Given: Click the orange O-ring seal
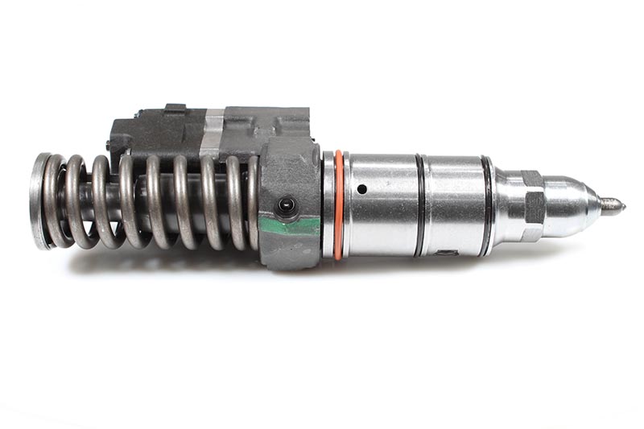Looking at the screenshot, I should point(339,205).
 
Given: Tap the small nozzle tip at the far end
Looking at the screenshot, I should point(613,205).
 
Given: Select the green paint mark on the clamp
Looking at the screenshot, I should point(290,225).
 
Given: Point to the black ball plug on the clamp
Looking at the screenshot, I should point(286,206).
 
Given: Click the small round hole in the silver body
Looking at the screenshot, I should point(361,189).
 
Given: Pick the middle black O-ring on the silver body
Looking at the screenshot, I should point(419,205).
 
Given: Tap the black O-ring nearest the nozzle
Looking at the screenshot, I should point(486,205).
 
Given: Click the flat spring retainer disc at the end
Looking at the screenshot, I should point(37,200).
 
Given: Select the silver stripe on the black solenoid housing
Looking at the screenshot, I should point(211,133).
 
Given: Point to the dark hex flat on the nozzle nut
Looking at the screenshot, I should point(533,206).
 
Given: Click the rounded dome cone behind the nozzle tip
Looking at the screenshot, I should point(572,205).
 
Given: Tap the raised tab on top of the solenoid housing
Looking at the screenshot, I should point(175,109).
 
